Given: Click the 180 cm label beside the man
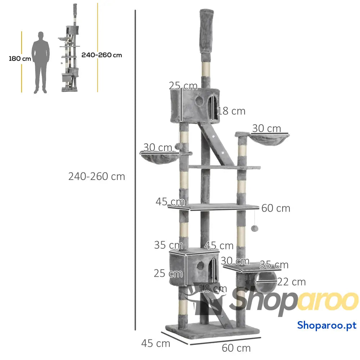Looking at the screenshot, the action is (20, 59).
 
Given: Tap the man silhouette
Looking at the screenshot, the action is (41, 62).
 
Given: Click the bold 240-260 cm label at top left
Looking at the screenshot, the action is (102, 55).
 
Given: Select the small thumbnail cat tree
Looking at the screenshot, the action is (70, 48).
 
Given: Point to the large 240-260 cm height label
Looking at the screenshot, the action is (96, 176).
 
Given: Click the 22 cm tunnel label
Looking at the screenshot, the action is (291, 282).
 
